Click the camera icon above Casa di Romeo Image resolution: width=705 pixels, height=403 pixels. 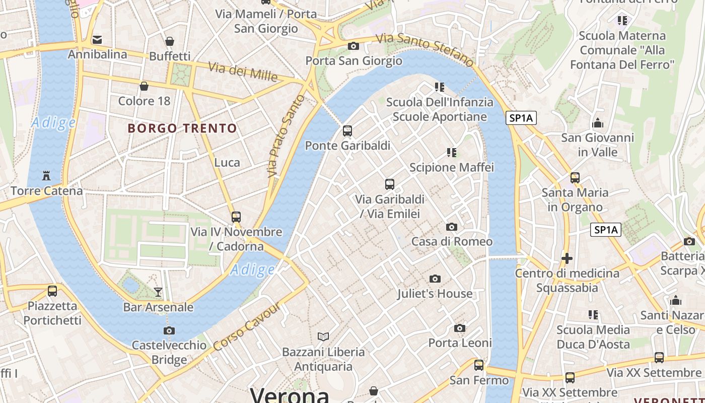[x=452, y=227]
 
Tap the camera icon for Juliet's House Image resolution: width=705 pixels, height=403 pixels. [x=435, y=279]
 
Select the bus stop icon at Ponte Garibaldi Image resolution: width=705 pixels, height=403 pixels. [x=347, y=131]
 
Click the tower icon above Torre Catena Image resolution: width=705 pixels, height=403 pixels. [x=47, y=176]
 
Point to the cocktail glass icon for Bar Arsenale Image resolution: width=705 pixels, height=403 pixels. [x=158, y=292]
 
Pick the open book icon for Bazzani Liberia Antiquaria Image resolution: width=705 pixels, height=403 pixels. [x=323, y=337]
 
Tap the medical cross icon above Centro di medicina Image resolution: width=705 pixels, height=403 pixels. [x=567, y=258]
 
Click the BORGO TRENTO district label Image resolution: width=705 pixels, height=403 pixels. [x=182, y=128]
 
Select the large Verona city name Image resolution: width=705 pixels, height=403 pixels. [x=290, y=395]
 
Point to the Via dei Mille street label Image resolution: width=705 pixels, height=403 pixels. [x=243, y=72]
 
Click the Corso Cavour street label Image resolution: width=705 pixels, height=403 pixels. [x=246, y=326]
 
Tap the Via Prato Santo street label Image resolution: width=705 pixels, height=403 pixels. [x=286, y=136]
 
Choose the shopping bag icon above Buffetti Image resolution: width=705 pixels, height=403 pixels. [x=170, y=41]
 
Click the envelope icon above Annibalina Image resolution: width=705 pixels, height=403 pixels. [x=97, y=40]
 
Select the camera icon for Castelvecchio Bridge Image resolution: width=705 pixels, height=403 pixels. [x=169, y=330]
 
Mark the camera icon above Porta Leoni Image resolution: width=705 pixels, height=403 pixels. [x=460, y=328]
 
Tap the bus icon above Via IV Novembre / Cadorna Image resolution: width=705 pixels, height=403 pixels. [x=236, y=217]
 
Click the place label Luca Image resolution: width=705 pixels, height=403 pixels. [x=227, y=162]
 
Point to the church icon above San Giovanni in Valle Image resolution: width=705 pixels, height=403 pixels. [x=598, y=123]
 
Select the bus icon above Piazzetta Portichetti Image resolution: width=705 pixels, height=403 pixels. [x=52, y=291]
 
